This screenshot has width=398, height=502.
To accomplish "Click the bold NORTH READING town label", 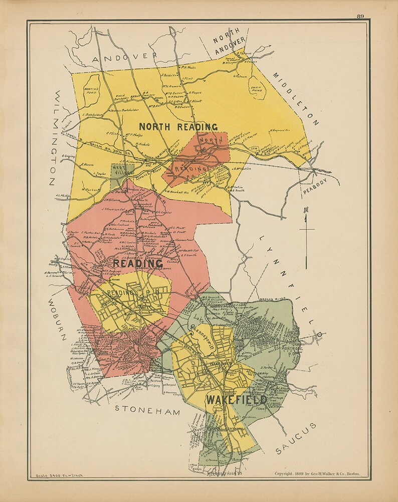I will pyautogui.click(x=178, y=127).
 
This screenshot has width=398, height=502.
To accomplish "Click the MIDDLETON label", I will pyautogui.click(x=296, y=99).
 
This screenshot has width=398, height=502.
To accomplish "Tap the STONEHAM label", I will pyautogui.click(x=147, y=409).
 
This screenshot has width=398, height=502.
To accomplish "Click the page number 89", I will pyautogui.click(x=360, y=16).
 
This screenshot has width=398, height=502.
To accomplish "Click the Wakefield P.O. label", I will pyautogui.click(x=221, y=364).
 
